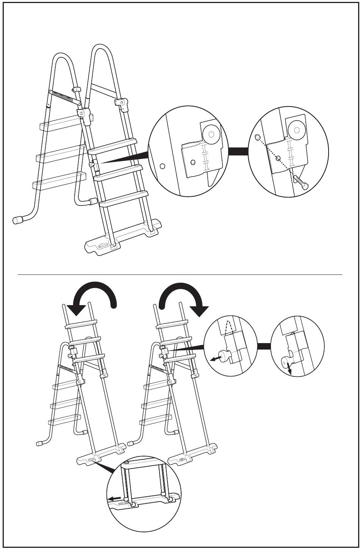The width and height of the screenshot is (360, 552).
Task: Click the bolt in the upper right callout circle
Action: [301, 182]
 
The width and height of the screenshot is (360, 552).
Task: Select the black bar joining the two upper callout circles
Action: [238, 151]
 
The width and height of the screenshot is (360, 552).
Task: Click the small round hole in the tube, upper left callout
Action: [163, 166]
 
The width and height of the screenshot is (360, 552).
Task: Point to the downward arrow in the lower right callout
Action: [289, 368]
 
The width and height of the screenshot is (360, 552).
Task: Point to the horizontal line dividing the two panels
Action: [180, 274]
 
